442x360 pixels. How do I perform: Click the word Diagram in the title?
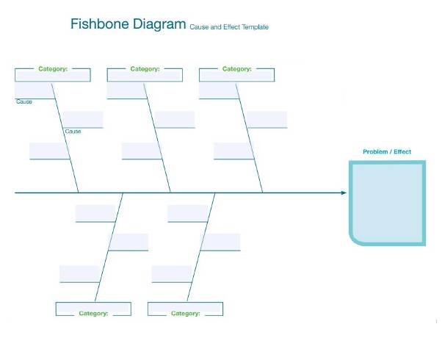[159, 24]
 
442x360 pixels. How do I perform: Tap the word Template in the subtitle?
[253, 27]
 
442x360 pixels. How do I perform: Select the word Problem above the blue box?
[376, 152]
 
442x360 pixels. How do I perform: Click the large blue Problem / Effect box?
[387, 202]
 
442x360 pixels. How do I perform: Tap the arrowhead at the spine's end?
[343, 193]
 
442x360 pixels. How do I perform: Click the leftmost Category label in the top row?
[53, 69]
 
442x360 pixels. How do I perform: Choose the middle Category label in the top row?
[145, 69]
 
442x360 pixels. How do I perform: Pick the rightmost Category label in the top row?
[236, 69]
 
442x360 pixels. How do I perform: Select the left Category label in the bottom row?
[93, 314]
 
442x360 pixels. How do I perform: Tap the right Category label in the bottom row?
[186, 314]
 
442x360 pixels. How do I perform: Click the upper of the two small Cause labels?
[24, 101]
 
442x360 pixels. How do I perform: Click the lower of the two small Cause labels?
[73, 132]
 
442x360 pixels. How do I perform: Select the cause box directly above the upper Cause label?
[35, 91]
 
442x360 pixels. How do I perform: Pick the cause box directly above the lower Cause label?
[82, 120]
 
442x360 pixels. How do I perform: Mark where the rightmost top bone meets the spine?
[263, 193]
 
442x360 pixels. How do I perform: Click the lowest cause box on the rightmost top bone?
[233, 151]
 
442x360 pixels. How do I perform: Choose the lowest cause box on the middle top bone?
[142, 151]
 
